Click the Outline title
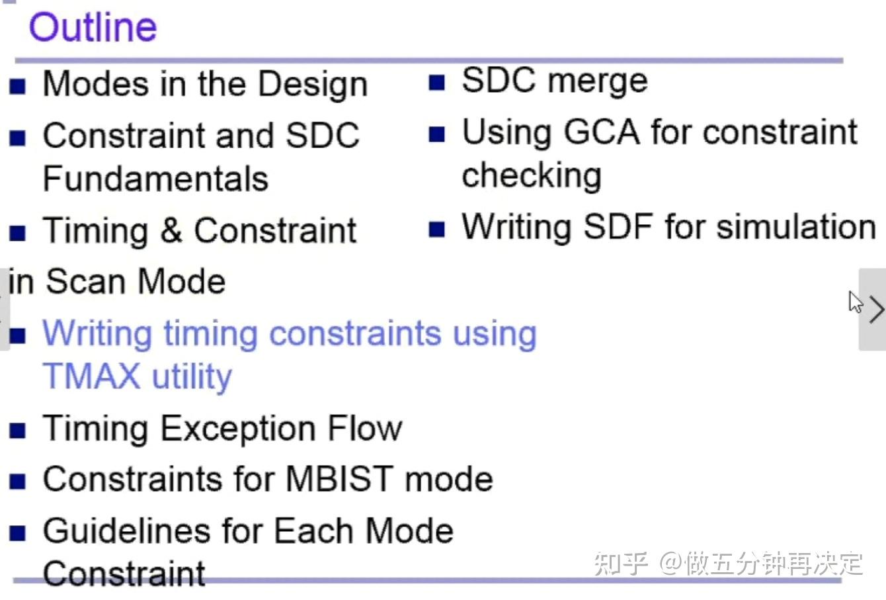(93, 28)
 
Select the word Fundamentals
(155, 179)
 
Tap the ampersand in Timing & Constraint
(171, 231)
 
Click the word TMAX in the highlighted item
(91, 376)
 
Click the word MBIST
(339, 479)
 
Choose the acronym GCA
(601, 132)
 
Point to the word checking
(532, 176)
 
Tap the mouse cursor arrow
(855, 302)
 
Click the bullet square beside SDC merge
(436, 83)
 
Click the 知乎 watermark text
(620, 564)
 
